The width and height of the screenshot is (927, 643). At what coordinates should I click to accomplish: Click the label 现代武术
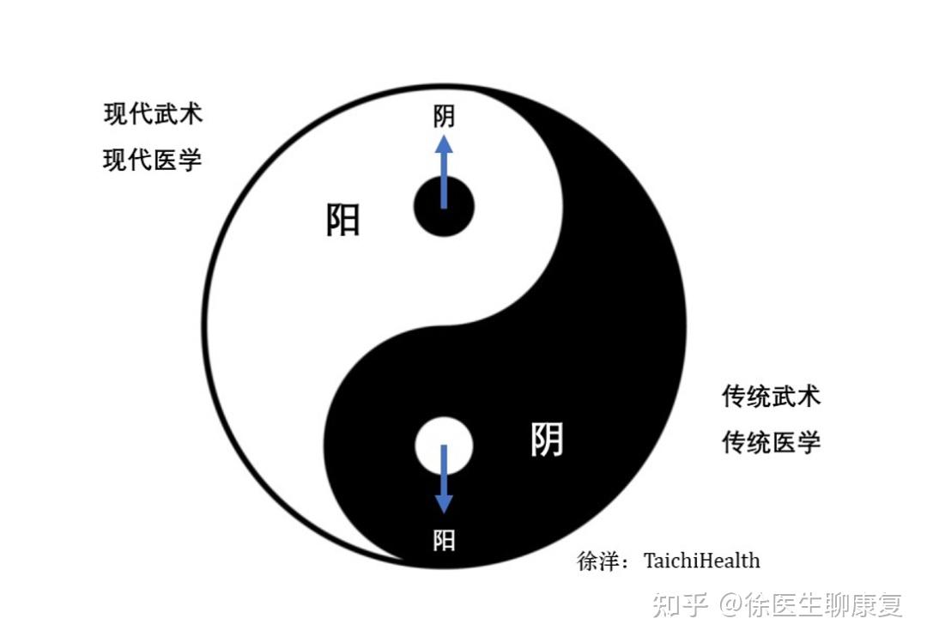(x=154, y=113)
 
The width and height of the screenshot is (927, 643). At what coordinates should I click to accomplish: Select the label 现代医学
(x=154, y=160)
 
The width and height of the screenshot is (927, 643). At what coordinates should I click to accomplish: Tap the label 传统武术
(x=771, y=396)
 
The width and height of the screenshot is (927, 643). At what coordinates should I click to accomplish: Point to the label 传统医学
(x=771, y=442)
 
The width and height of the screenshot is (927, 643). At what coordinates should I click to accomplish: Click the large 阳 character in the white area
(x=343, y=220)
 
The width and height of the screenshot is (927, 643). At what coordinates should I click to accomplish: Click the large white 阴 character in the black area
(x=547, y=440)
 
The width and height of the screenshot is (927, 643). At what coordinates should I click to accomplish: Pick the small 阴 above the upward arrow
(x=444, y=116)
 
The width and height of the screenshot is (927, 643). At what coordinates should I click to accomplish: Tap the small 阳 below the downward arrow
(x=444, y=540)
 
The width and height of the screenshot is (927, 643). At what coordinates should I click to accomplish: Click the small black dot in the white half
(x=444, y=207)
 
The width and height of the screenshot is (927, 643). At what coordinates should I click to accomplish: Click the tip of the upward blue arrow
(x=444, y=139)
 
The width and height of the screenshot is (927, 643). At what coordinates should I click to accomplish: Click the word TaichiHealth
(x=701, y=561)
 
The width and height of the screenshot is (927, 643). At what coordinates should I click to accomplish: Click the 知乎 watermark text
(x=680, y=605)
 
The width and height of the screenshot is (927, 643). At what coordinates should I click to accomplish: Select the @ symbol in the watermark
(x=731, y=605)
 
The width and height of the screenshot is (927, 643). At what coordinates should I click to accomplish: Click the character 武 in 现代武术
(x=166, y=113)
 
